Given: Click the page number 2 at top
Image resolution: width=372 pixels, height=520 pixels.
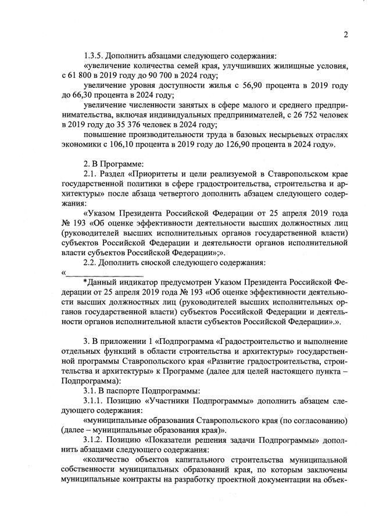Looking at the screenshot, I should (345, 34).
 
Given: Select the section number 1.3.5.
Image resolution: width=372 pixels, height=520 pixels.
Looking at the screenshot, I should (94, 56).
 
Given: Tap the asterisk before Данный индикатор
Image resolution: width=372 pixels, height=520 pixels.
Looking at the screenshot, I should (85, 282).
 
